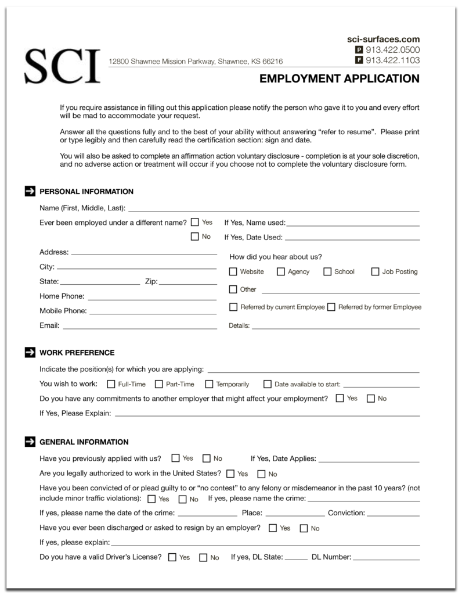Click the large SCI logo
[62, 64]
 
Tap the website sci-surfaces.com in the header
[383, 39]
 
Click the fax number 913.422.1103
[393, 60]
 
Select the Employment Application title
[339, 78]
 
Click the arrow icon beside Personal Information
[30, 191]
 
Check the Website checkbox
[233, 271]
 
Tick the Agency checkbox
[281, 271]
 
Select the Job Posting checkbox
[375, 271]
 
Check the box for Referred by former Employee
[331, 307]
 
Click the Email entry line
[139, 327]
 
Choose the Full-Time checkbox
[111, 384]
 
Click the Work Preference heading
[77, 353]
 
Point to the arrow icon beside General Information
[30, 442]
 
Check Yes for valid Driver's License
[172, 557]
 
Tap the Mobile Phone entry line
[153, 313]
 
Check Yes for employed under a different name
[195, 222]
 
